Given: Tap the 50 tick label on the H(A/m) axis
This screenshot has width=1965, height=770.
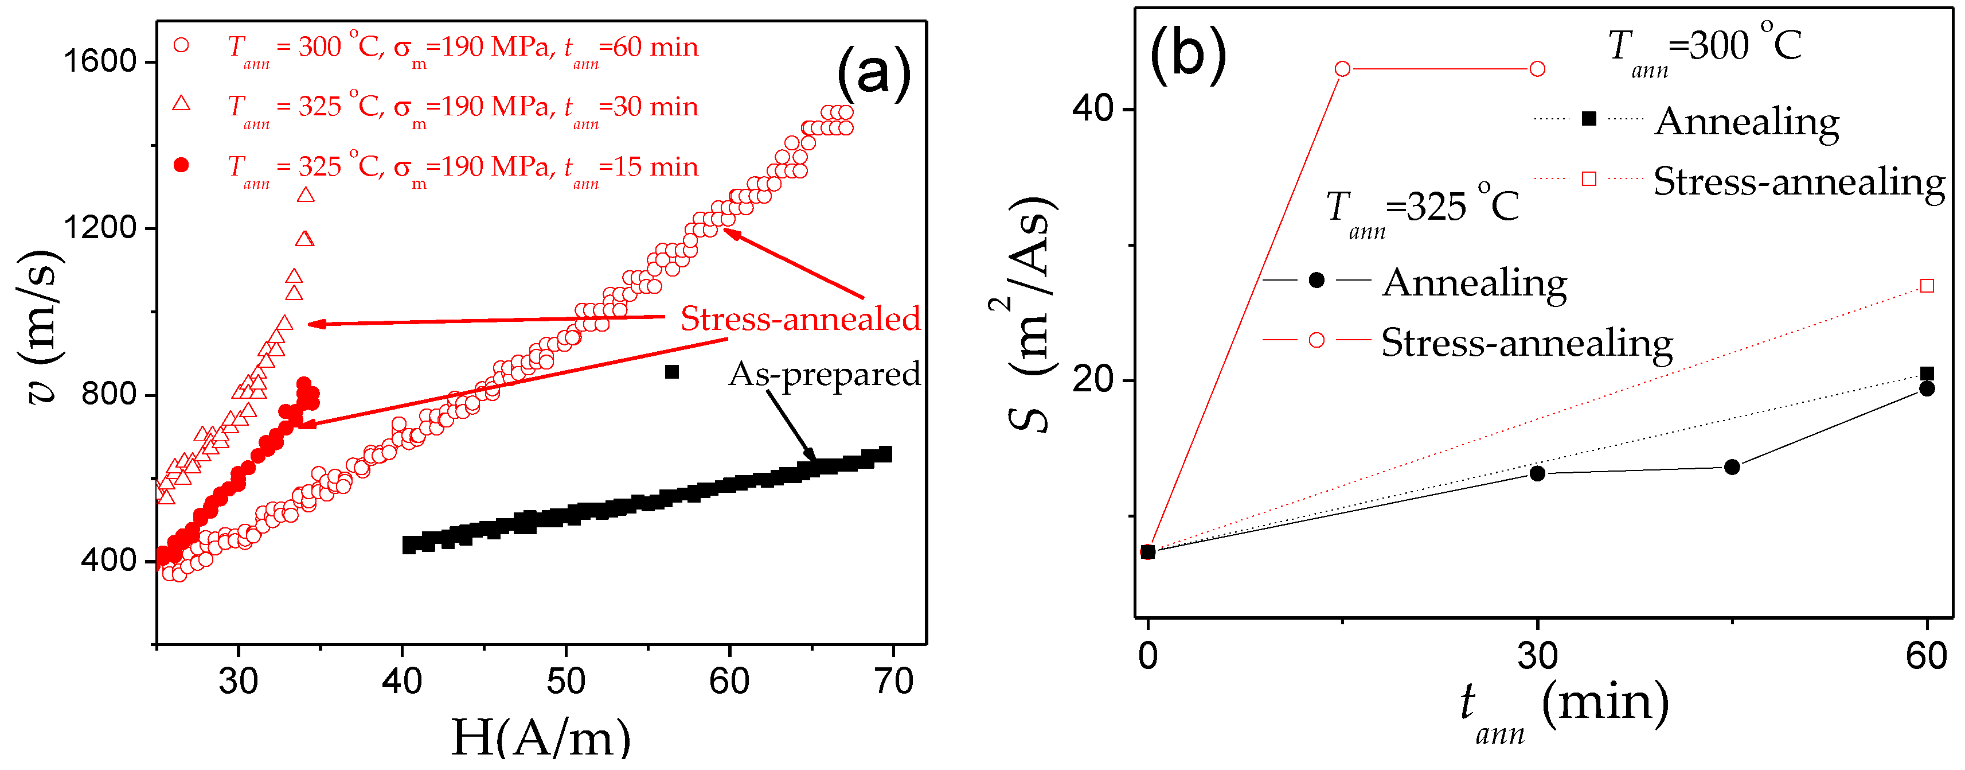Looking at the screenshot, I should (565, 680).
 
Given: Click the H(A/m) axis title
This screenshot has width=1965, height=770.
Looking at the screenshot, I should (541, 738).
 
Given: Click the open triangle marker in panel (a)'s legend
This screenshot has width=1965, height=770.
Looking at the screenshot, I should (181, 103).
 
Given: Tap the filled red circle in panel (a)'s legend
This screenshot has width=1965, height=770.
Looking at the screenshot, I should (181, 165).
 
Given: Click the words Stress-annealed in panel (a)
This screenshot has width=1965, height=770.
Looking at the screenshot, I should (799, 318).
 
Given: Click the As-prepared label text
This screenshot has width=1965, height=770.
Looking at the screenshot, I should (824, 374).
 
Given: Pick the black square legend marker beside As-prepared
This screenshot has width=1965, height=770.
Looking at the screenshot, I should (671, 372).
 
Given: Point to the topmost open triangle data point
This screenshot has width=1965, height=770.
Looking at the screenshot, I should (306, 195).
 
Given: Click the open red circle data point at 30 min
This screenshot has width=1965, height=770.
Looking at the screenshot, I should (1537, 69).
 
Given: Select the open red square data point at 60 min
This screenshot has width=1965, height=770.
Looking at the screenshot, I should (1927, 285).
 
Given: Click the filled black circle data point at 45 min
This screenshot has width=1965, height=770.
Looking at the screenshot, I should (1732, 466).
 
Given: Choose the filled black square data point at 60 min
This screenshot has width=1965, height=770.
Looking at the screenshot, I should (1927, 373).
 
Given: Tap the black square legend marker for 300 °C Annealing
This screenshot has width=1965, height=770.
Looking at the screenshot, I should (1589, 118).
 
